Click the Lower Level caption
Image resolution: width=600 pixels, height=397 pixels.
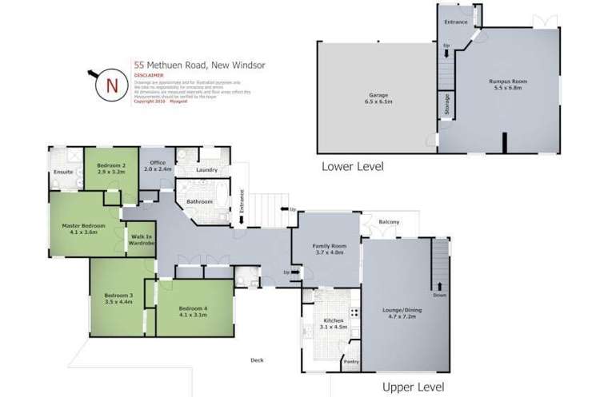pyautogui.click(x=352, y=167)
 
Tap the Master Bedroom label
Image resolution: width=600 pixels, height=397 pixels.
pyautogui.click(x=79, y=228)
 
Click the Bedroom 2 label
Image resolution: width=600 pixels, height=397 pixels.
pyautogui.click(x=112, y=169)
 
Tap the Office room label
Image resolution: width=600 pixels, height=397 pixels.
pyautogui.click(x=158, y=165)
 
